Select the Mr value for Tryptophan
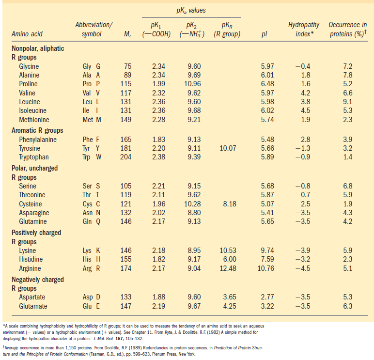click(125, 157)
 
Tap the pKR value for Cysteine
click(229, 204)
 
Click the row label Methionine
click(37, 120)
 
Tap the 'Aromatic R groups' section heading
click(37, 130)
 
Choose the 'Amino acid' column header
click(27, 34)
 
